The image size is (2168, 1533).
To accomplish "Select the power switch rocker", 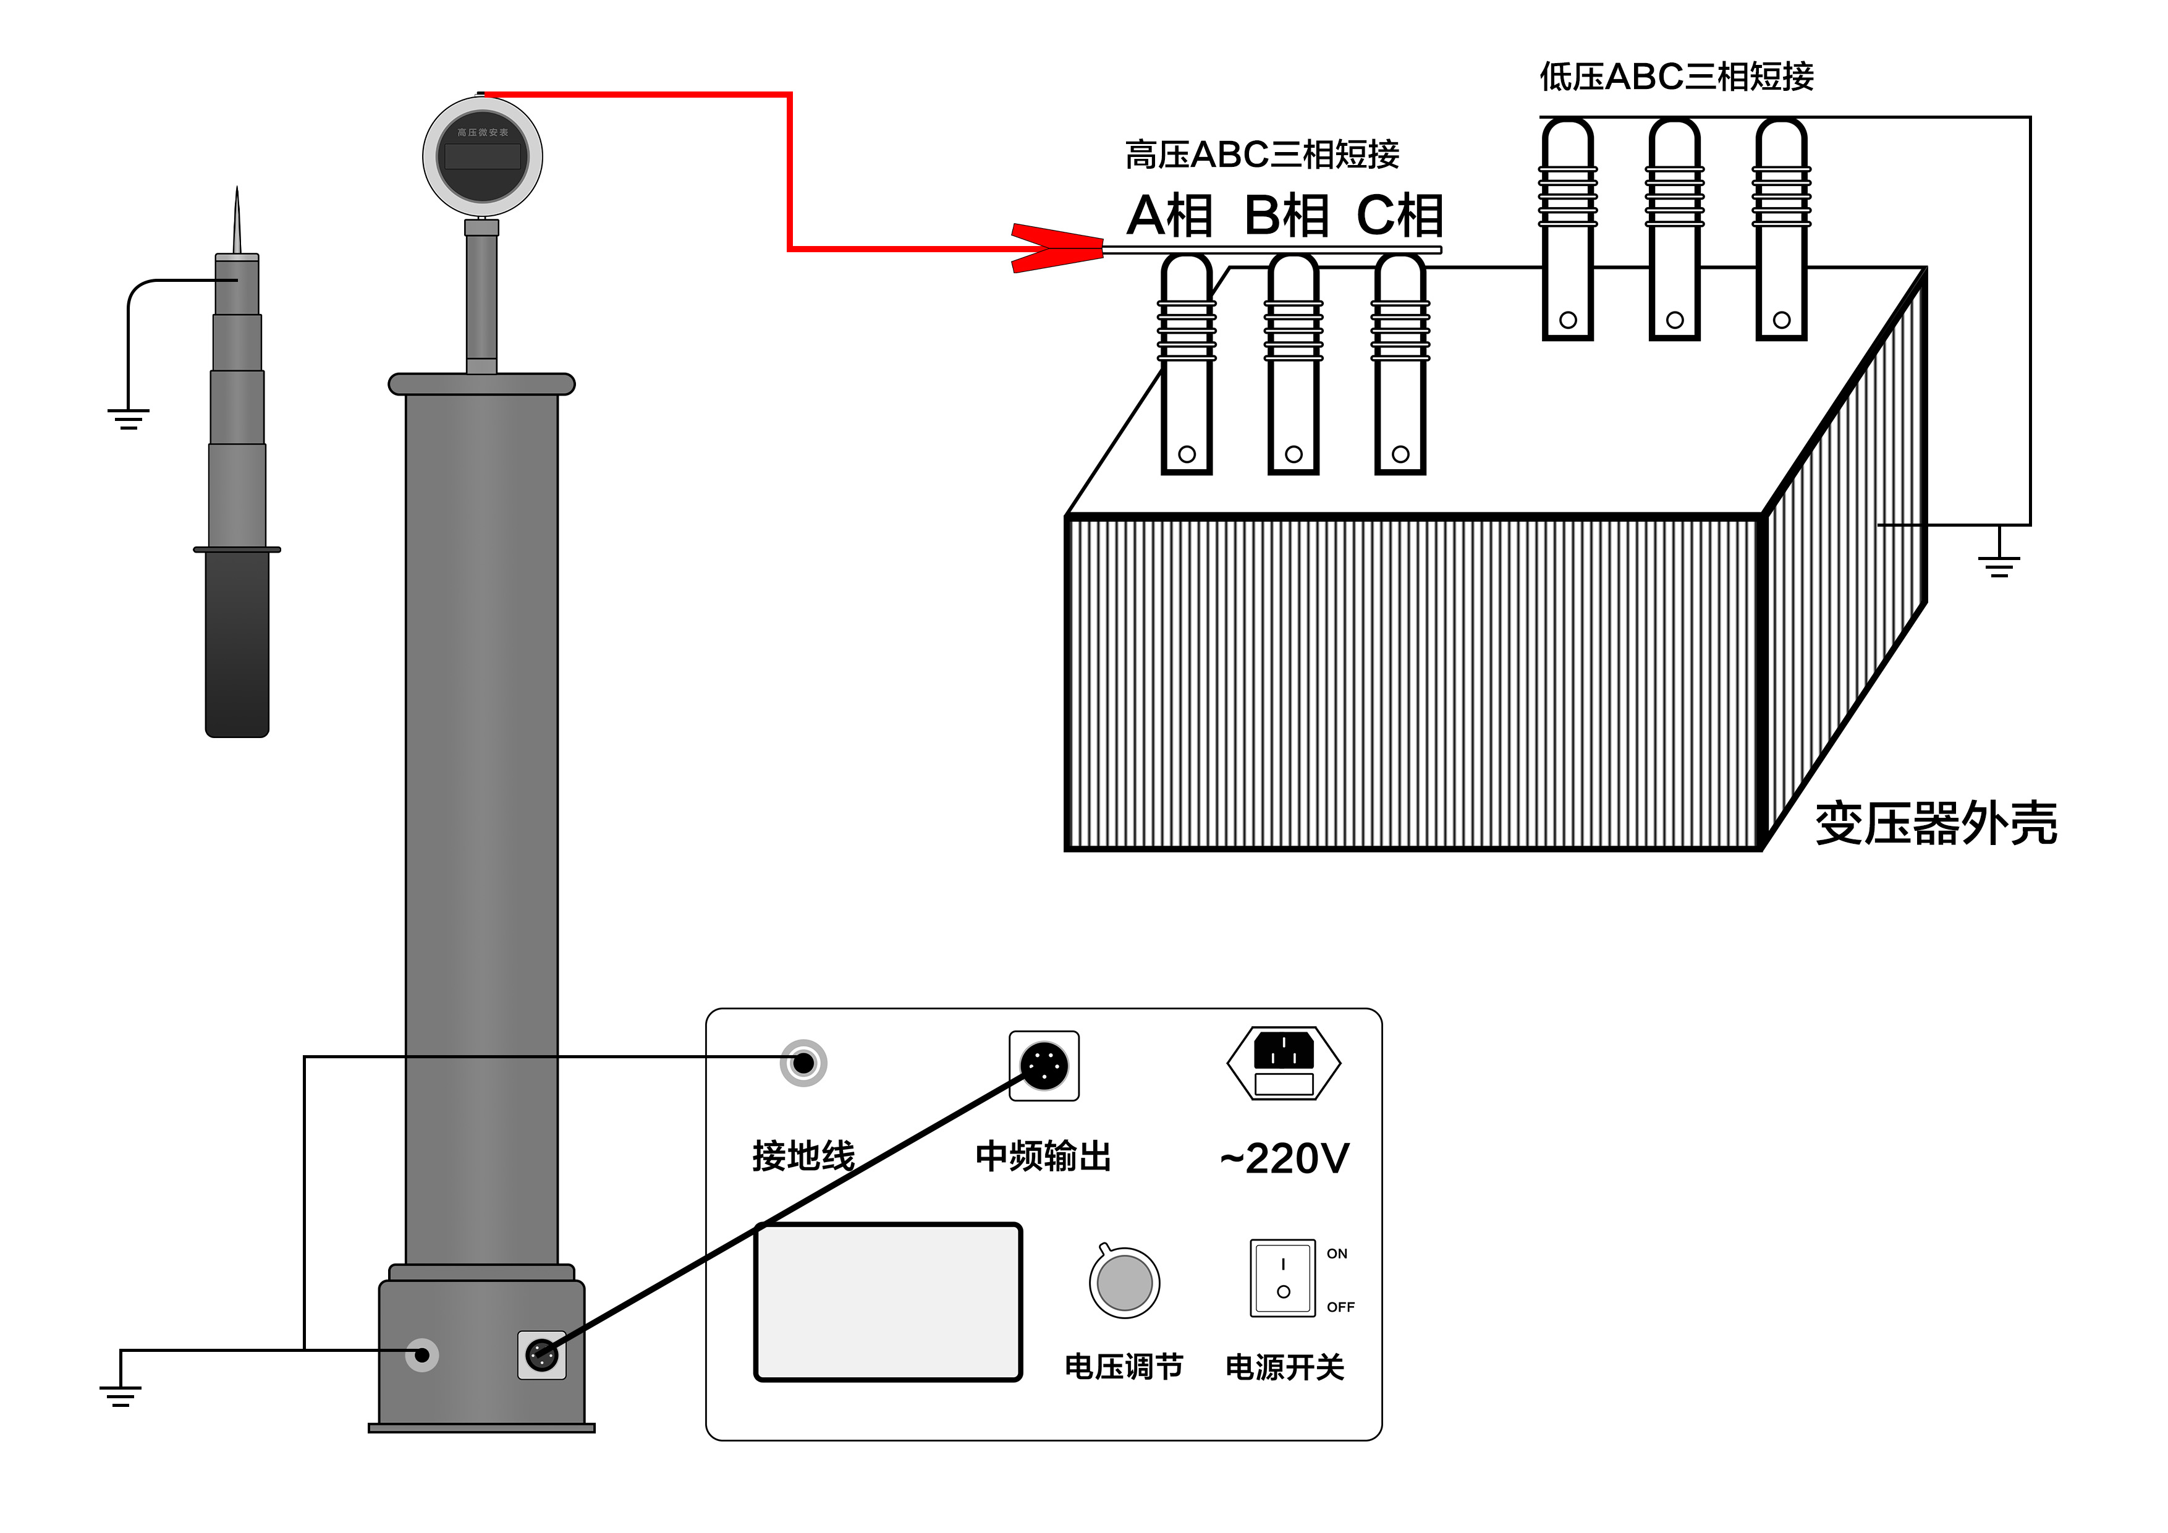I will [1282, 1277].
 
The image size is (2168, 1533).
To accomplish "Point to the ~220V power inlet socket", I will [1283, 1063].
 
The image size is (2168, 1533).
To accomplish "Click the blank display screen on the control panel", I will [887, 1302].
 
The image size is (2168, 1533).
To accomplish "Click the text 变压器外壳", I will [1936, 823].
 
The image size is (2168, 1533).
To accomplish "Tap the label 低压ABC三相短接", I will [1676, 77].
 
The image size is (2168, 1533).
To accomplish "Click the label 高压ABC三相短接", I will [1261, 154].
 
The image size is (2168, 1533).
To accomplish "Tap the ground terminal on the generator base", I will [422, 1356].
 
